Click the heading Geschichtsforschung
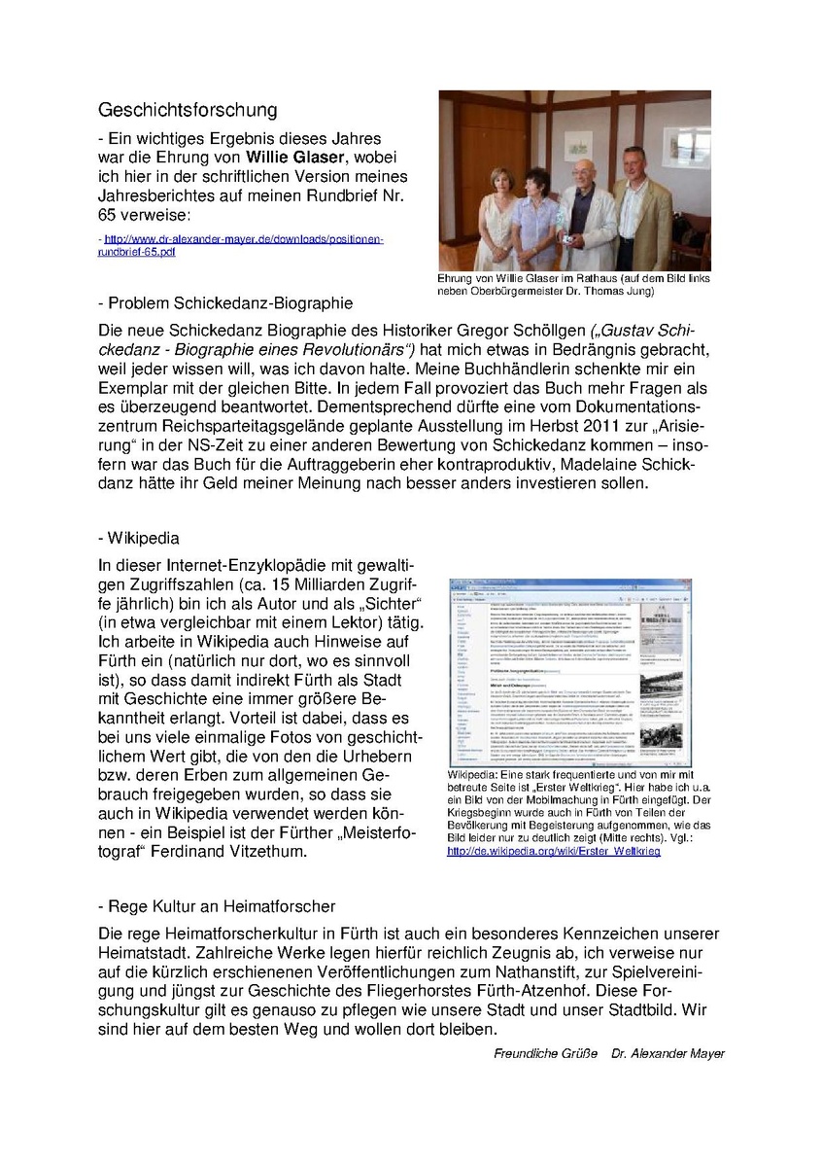(188, 110)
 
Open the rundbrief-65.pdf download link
(240, 244)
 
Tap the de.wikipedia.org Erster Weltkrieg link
(553, 850)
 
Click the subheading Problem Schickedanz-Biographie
(225, 302)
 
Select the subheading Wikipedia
(139, 538)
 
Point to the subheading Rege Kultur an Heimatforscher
(217, 906)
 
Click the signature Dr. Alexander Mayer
(668, 1053)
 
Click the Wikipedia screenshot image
(569, 672)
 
